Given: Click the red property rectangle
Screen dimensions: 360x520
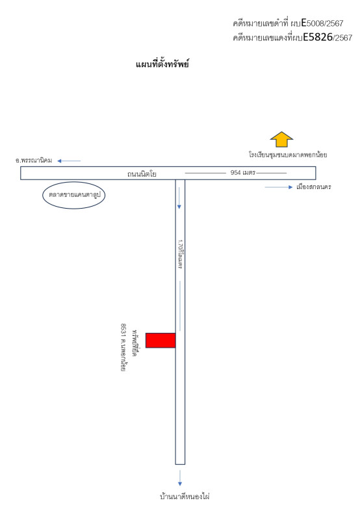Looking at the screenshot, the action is click(161, 340).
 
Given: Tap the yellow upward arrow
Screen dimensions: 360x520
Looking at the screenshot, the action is click(281, 140).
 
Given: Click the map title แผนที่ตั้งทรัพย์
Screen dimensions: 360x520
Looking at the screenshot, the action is click(162, 64).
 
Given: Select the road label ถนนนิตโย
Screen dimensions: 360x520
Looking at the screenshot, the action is click(142, 174).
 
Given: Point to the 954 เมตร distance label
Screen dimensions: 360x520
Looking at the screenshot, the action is click(243, 172).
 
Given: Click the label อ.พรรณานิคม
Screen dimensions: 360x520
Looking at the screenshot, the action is click(34, 161).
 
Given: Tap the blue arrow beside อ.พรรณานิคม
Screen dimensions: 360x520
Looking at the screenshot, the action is click(69, 161).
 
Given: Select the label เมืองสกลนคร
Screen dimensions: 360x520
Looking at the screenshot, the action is click(314, 187).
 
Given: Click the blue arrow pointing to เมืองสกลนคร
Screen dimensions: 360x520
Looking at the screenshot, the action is click(279, 187).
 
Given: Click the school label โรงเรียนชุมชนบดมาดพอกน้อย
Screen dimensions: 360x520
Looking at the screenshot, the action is click(288, 155).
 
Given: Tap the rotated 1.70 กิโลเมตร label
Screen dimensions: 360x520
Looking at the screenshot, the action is click(181, 254).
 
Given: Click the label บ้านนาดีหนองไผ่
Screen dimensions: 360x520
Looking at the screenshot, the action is click(185, 497).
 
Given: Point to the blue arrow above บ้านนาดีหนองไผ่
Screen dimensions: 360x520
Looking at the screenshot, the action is click(180, 478).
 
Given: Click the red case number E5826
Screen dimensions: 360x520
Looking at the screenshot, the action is click(318, 37).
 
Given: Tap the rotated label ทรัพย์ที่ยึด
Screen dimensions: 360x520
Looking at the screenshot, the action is click(135, 343).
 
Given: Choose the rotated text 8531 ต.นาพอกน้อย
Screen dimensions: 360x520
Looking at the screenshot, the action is click(123, 348).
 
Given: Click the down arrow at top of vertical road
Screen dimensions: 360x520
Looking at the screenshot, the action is click(179, 198).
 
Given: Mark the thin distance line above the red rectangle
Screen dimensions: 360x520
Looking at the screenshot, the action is click(180, 305).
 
